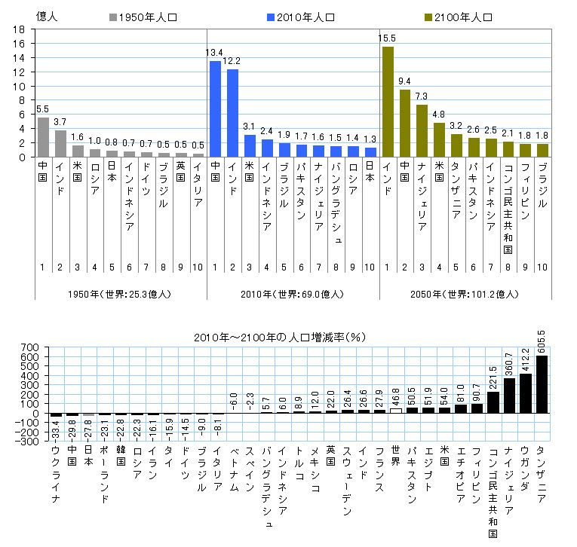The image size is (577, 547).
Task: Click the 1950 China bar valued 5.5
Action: [x=43, y=137]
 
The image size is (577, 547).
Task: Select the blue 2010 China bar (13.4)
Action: [x=215, y=109]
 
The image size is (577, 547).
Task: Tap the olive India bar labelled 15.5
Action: [x=388, y=102]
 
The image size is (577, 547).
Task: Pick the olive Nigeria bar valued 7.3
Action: [x=422, y=130]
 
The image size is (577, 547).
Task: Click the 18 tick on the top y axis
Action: [x=20, y=29]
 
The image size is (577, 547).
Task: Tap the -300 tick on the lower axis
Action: [x=29, y=442]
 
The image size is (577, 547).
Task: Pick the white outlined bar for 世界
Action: [x=396, y=411]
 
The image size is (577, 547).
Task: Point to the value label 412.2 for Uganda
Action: [x=525, y=355]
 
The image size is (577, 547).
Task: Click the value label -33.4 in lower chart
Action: [x=56, y=430]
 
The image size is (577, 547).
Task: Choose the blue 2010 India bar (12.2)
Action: [x=233, y=113]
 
